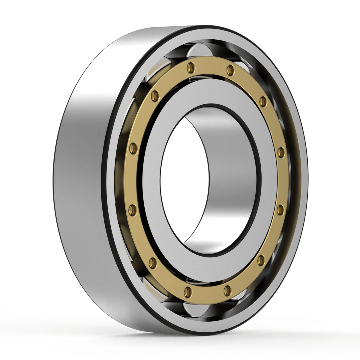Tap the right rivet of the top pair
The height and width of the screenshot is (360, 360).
pos(230,70)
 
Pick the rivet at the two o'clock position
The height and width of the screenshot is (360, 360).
pos(263,101)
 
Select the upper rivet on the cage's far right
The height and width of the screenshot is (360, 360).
pos(281,152)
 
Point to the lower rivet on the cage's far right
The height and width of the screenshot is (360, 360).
pos(280,210)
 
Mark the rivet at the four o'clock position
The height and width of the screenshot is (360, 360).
pos(261,260)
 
